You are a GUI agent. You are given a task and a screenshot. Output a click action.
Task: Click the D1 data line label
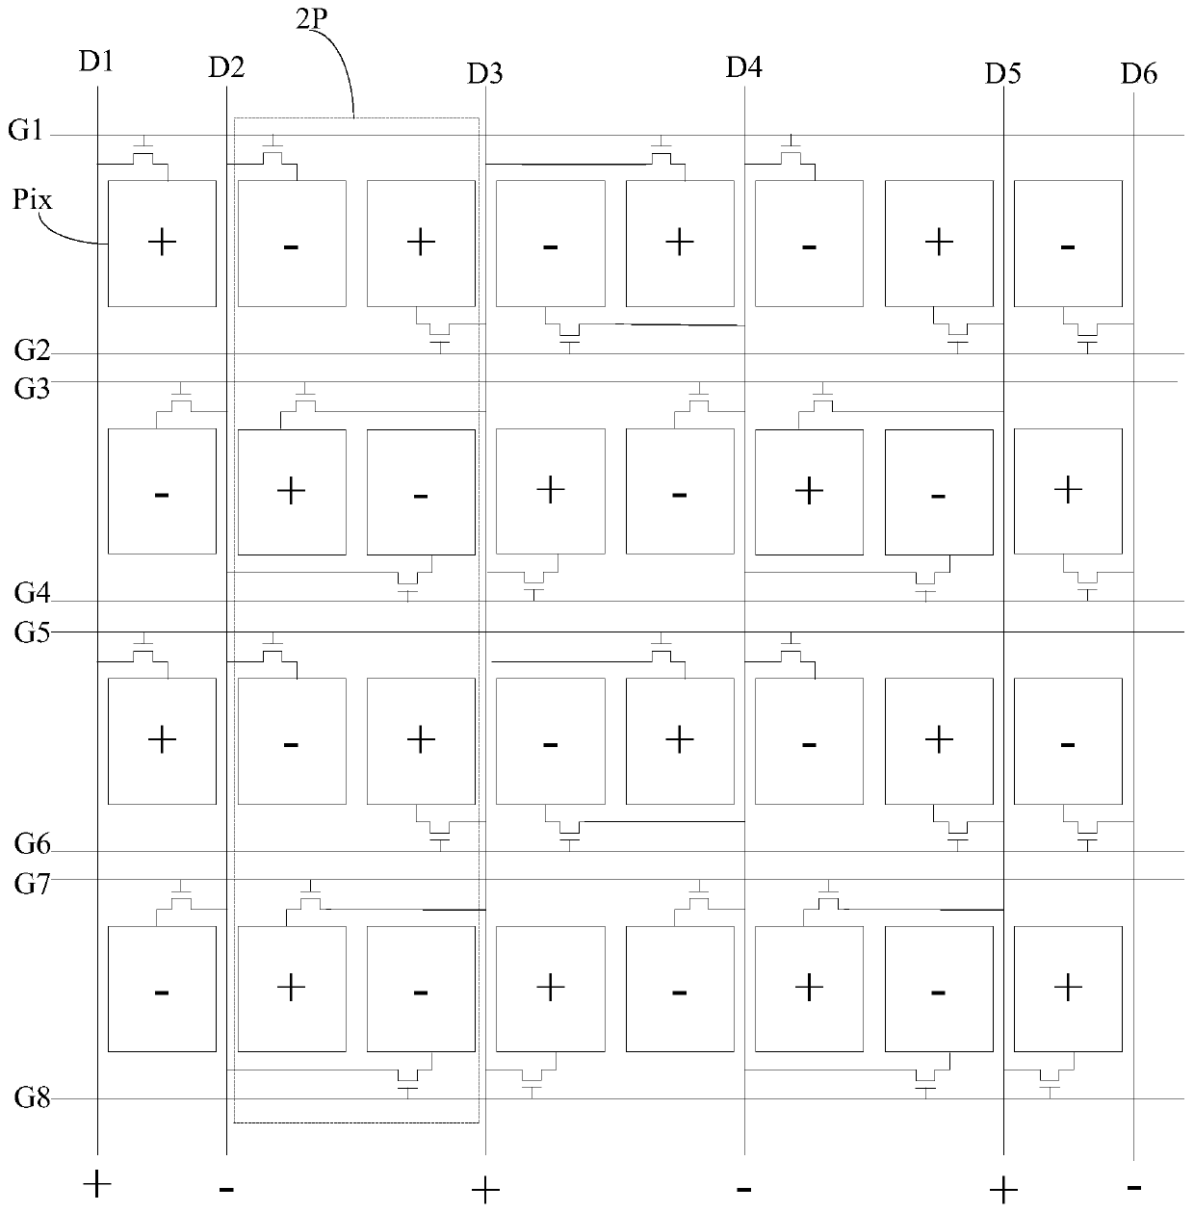tap(96, 63)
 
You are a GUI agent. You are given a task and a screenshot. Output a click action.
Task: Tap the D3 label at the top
tap(484, 73)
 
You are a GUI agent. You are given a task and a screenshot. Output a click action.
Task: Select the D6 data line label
tap(1139, 73)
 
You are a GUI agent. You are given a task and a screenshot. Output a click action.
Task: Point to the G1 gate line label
tap(26, 130)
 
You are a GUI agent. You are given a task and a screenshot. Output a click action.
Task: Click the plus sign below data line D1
tap(96, 1183)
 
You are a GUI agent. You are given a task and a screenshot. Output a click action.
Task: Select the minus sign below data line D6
tap(1134, 1187)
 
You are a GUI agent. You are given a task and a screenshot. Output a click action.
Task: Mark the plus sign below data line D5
tap(1003, 1190)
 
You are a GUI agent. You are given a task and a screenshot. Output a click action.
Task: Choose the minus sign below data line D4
tap(743, 1188)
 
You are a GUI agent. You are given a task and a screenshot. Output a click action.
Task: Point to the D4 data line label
tap(743, 67)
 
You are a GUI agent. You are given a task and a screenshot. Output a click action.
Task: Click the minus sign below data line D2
tap(226, 1189)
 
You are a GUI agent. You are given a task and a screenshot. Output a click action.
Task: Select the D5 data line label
tap(1002, 73)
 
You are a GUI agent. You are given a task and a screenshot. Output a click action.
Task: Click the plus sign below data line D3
tap(484, 1191)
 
